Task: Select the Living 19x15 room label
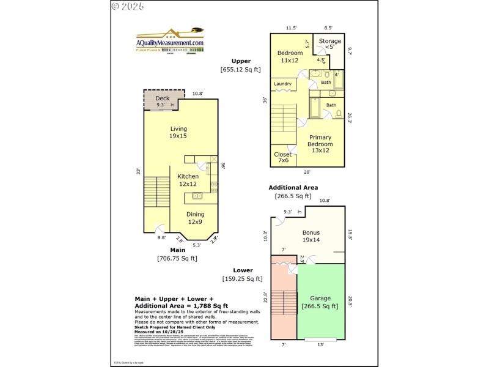pyautogui.click(x=178, y=132)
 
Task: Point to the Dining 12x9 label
pyautogui.click(x=195, y=218)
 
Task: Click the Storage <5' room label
pyautogui.click(x=329, y=44)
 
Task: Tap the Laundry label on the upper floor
pyautogui.click(x=282, y=84)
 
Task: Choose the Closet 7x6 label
pyautogui.click(x=282, y=158)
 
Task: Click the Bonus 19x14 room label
pyautogui.click(x=311, y=237)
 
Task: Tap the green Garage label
pyautogui.click(x=320, y=303)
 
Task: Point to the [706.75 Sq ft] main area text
pyautogui.click(x=177, y=258)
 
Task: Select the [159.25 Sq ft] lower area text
pyautogui.click(x=243, y=279)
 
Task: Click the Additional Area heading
pyautogui.click(x=293, y=187)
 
